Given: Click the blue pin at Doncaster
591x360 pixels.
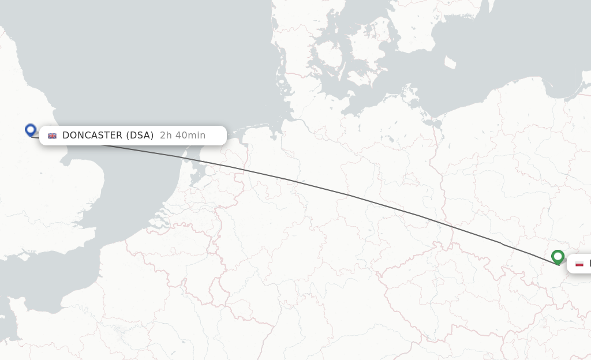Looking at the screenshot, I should tap(31, 130).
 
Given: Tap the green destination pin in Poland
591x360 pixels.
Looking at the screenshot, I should tap(558, 256).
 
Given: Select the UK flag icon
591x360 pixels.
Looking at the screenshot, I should tap(52, 136).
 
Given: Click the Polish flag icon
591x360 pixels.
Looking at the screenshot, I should tap(579, 264).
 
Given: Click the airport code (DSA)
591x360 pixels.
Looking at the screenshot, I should tap(140, 136).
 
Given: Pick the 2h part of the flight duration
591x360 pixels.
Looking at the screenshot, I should tap(166, 136).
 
